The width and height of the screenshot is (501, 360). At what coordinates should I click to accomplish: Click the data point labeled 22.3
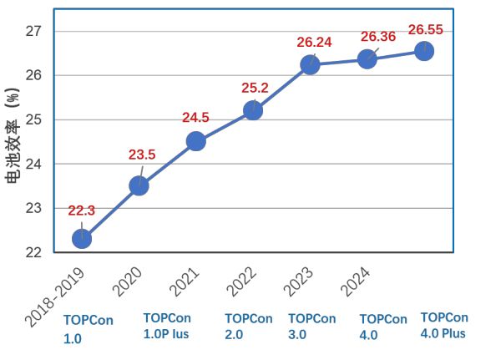coord(82,239)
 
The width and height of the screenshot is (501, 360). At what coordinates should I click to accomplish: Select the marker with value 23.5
coord(139,185)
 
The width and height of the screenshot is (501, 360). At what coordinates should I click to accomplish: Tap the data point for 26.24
coord(310,65)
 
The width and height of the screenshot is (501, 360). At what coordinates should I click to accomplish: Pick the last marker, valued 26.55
coord(423,51)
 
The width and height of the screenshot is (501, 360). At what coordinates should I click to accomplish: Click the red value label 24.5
coord(196,118)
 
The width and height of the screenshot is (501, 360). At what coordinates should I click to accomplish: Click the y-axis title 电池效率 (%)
coord(13,138)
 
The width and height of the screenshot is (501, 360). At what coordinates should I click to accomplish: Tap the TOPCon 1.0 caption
coord(88,329)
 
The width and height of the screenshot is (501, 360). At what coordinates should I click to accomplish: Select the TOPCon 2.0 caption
coord(248,327)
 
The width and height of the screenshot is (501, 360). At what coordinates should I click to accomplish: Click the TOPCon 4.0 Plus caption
coord(444,325)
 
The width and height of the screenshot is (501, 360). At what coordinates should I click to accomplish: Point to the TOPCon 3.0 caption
coord(311,327)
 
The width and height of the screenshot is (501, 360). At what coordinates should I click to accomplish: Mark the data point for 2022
coord(253,110)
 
